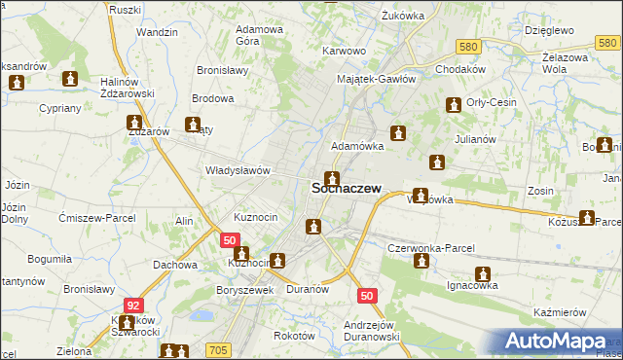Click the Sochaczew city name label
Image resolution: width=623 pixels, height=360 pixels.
click(345, 190)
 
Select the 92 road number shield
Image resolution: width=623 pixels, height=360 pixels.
click(132, 305)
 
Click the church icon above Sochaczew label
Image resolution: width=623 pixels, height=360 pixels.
click(333, 178)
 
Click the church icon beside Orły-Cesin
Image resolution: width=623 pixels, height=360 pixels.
click(453, 105)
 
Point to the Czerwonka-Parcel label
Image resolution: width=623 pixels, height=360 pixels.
click(430, 248)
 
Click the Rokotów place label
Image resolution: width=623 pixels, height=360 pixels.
click(295, 335)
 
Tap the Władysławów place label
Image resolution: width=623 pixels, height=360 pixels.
click(237, 169)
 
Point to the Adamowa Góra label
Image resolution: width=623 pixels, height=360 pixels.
click(260, 35)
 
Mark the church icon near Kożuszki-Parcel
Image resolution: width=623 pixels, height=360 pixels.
click(587, 219)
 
